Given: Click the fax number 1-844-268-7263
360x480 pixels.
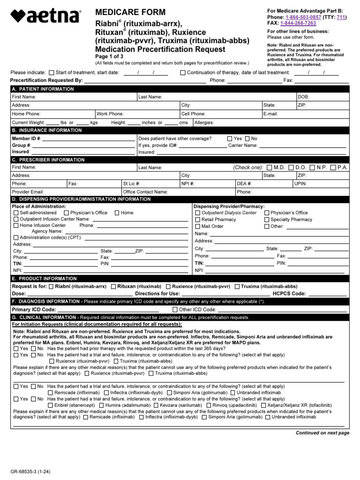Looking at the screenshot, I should pyautogui.click(x=298, y=23).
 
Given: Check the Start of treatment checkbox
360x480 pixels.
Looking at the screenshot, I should pyautogui.click(x=51, y=73).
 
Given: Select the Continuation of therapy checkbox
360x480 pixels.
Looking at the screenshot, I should pyautogui.click(x=182, y=73).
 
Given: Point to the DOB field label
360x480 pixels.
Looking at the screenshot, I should pyautogui.click(x=303, y=97).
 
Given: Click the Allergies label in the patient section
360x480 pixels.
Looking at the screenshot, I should pyautogui.click(x=204, y=122).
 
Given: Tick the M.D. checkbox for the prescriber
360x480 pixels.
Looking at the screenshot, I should pyautogui.click(x=269, y=167).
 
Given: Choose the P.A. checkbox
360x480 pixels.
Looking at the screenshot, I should pyautogui.click(x=333, y=167).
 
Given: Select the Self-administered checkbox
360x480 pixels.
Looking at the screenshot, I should pyautogui.click(x=16, y=213).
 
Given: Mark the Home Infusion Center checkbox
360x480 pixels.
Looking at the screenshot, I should pyautogui.click(x=16, y=225).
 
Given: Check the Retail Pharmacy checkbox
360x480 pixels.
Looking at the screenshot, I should pyautogui.click(x=198, y=219).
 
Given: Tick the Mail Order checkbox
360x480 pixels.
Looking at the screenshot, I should pyautogui.click(x=198, y=226).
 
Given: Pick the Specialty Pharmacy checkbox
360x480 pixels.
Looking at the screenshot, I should pyautogui.click(x=267, y=219).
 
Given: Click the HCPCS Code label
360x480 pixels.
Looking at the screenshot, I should pyautogui.click(x=288, y=293).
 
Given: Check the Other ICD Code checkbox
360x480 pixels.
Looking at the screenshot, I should pyautogui.click(x=175, y=309).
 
